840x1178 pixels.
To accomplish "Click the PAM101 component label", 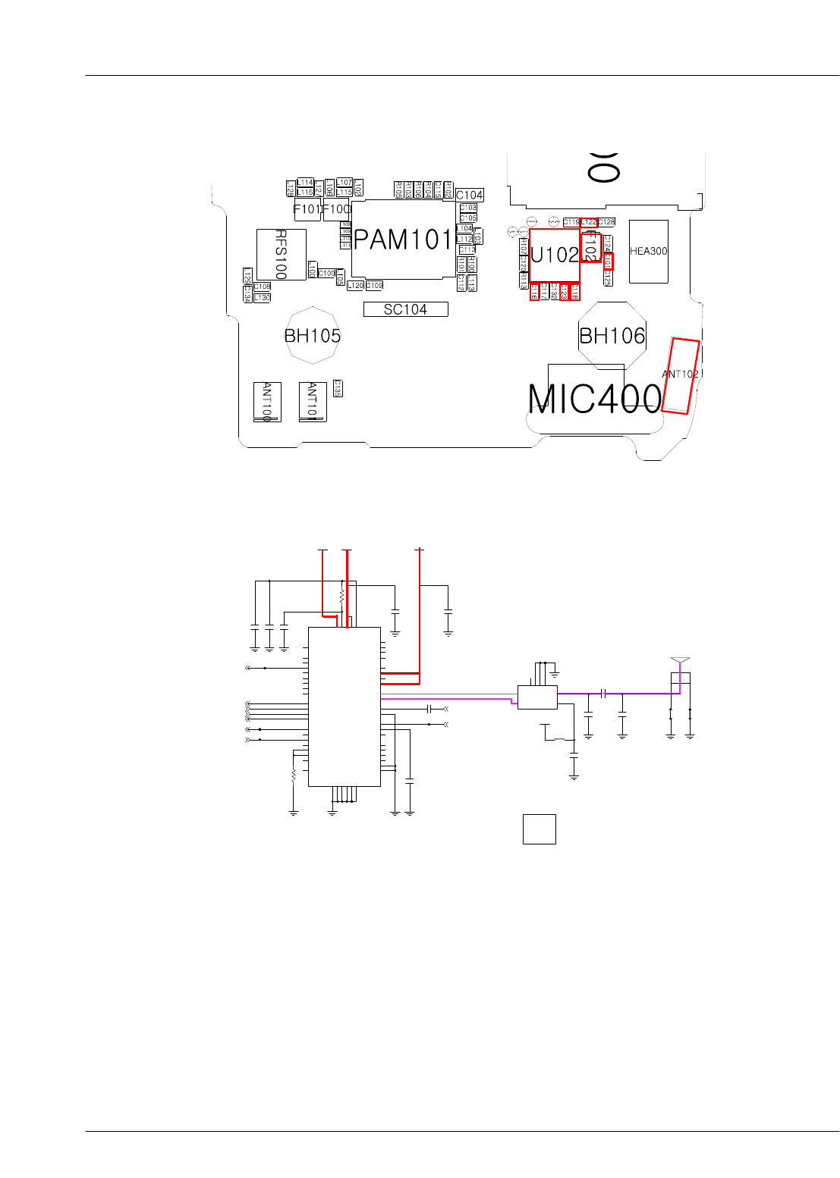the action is click(x=402, y=240).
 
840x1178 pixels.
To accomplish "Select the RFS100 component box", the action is click(x=281, y=255).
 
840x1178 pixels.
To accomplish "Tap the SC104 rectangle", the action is click(x=405, y=309).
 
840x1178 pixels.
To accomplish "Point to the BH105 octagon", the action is click(x=312, y=336).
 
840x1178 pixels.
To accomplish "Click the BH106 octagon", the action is click(x=612, y=336).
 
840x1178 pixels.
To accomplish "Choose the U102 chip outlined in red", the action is click(x=554, y=255).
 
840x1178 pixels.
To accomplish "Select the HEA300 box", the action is click(x=649, y=251).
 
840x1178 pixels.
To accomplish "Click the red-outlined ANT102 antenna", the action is click(x=680, y=376).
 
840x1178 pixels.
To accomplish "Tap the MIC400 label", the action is click(x=594, y=399).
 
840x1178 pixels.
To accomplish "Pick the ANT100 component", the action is click(x=267, y=402).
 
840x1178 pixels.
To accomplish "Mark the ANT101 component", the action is click(x=312, y=402).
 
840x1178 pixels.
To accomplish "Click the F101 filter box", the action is click(x=307, y=209).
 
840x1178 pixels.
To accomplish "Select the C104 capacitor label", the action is click(x=470, y=195).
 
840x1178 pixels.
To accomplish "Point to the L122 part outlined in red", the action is click(x=589, y=222).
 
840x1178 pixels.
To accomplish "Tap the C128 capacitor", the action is click(x=606, y=222).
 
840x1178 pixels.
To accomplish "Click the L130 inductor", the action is click(x=262, y=298).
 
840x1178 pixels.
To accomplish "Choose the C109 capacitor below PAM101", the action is click(x=375, y=286).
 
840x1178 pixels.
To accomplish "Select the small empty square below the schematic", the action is click(x=539, y=829).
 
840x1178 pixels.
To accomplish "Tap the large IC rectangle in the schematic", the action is click(x=344, y=706).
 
